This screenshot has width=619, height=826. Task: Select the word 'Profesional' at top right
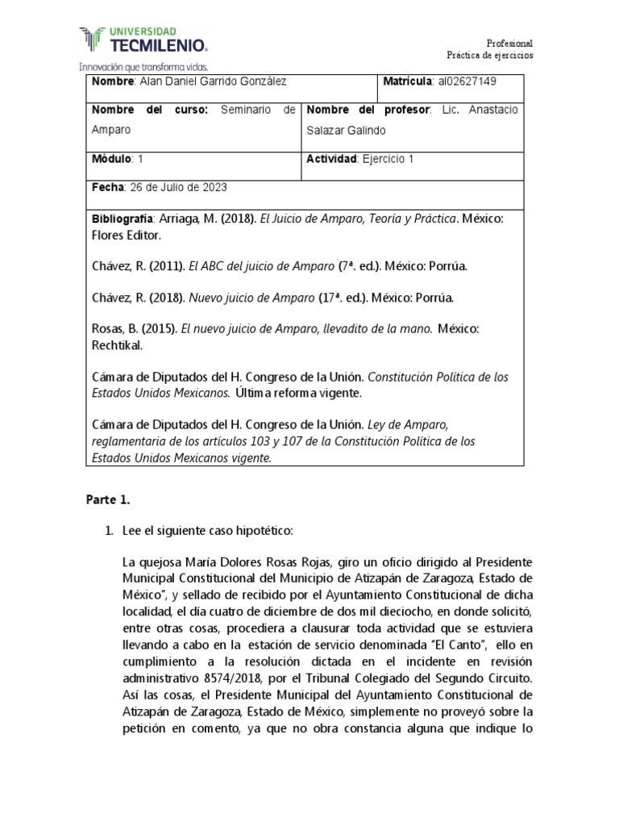coord(509,43)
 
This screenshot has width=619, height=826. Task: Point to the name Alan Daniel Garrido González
coord(213,82)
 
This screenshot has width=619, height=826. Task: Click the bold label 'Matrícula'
coord(409,82)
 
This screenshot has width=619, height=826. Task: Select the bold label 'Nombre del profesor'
coord(368,110)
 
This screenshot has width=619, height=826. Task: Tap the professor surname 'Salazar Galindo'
coord(343,130)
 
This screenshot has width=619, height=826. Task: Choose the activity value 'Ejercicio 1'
coord(388,159)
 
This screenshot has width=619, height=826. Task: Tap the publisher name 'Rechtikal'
coord(118,346)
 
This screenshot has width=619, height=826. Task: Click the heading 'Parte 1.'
coord(108,500)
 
